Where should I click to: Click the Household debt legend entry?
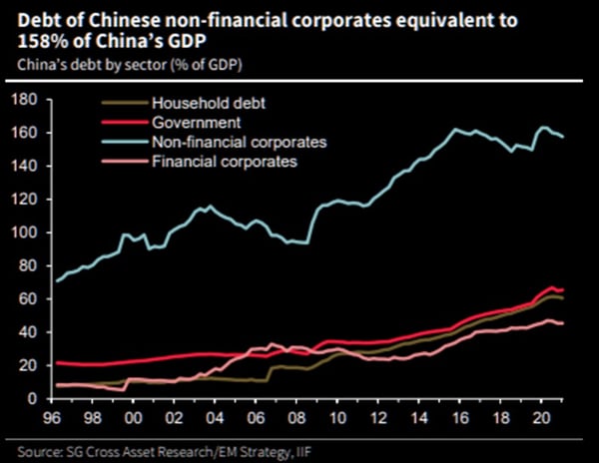point(200,104)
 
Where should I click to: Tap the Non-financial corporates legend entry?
point(225,142)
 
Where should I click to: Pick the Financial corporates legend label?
point(215,161)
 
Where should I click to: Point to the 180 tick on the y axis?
point(25,99)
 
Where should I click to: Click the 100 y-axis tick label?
point(25,232)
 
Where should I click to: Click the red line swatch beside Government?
point(124,123)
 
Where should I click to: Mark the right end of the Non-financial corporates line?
point(563,137)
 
